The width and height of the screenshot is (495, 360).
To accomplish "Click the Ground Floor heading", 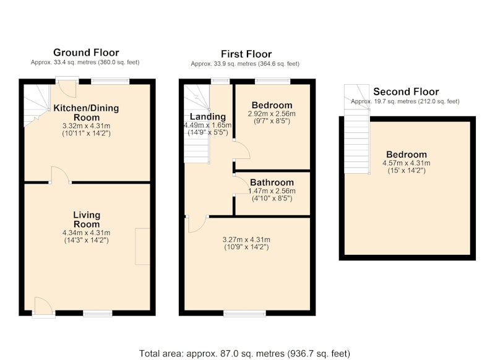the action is coord(86,53).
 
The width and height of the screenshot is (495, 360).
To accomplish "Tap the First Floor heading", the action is coord(246,54).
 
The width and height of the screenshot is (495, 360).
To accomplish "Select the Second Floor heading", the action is coord(406,92).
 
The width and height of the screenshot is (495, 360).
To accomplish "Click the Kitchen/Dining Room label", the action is coord(86,113).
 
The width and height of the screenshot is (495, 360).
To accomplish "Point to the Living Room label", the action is coord(87,220).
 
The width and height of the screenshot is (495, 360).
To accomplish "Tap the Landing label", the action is coord(208,117).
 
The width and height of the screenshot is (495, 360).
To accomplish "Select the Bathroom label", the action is coord(272,182).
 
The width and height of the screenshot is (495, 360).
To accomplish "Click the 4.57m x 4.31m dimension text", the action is coord(407,163).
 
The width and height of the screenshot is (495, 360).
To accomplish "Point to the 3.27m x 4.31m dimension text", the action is coord(246,240).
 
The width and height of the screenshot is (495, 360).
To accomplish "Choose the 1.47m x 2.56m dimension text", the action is coord(272,191).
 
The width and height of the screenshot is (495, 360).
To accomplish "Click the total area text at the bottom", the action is coord(244,353).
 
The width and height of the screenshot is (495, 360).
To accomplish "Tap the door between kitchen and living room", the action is coord(60,175).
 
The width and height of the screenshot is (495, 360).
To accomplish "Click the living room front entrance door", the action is coord(43,306).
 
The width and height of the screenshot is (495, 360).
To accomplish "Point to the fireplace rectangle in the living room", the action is coord(142,246).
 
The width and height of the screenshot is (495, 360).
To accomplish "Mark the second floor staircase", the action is coord(357,129).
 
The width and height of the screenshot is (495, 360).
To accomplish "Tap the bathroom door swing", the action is coord(241,184).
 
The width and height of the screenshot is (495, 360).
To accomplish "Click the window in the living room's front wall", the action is coord(98,313).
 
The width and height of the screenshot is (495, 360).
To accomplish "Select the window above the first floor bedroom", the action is coord(273,81).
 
